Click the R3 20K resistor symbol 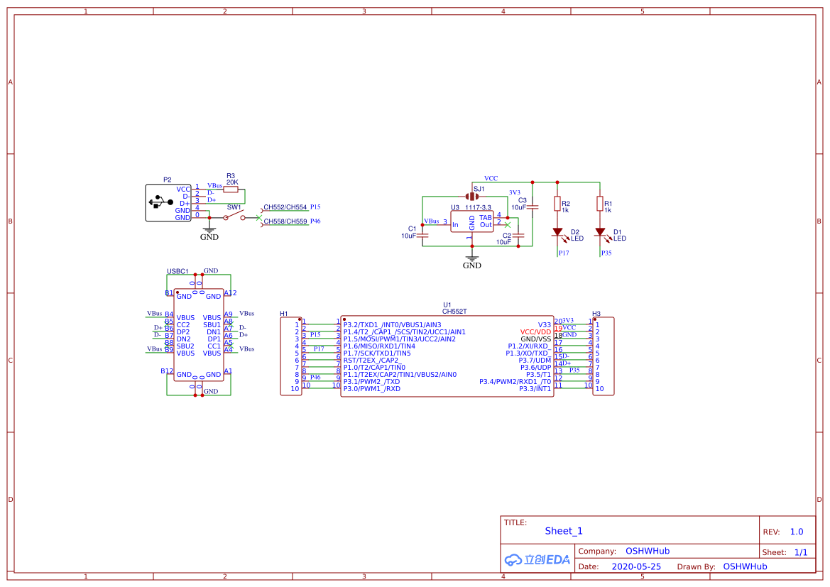[231, 190]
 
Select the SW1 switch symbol [234, 217]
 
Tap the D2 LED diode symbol [557, 232]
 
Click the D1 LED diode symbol [600, 232]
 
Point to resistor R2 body [557, 204]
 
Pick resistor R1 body [600, 204]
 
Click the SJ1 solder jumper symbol [473, 197]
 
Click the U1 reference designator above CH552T [447, 305]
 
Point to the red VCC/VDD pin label [535, 331]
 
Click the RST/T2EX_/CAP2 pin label [371, 360]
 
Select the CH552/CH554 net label [285, 207]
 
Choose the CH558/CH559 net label [285, 221]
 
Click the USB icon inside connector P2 [160, 203]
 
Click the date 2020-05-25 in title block [636, 566]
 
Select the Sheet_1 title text [564, 531]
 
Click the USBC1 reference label [178, 271]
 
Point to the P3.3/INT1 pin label [535, 388]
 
